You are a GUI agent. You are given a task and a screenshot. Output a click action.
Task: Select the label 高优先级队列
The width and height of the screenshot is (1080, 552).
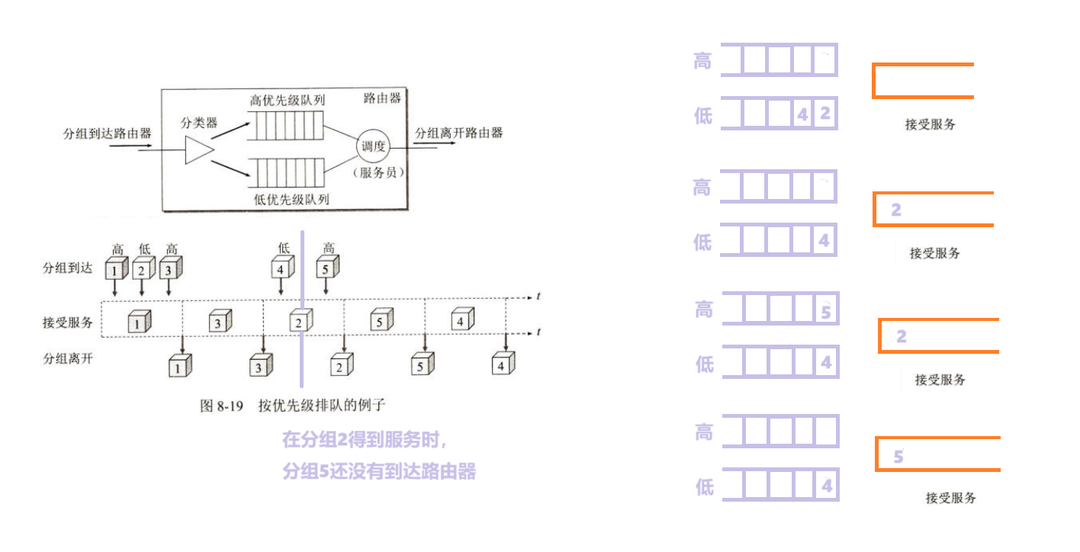click(288, 100)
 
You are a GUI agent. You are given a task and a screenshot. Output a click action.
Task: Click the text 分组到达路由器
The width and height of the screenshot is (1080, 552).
click(108, 133)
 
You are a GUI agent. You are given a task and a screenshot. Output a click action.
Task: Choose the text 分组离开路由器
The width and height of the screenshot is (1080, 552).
click(459, 133)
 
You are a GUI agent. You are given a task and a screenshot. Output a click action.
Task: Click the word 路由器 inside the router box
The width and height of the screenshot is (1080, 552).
click(381, 98)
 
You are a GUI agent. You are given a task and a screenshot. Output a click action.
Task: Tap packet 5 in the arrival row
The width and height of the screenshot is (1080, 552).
click(327, 268)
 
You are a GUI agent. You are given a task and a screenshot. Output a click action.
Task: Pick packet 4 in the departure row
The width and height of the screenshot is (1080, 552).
click(501, 365)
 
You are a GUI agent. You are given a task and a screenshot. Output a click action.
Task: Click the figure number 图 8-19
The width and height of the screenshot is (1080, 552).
click(221, 406)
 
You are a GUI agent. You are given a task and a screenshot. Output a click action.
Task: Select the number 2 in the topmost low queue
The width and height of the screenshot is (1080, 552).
click(825, 114)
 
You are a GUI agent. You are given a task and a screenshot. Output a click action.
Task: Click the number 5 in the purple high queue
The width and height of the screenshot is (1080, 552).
click(826, 311)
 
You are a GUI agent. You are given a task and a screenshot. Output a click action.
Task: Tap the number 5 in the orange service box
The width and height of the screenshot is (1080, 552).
click(898, 457)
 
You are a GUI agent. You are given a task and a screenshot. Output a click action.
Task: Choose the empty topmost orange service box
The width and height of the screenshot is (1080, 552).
click(923, 81)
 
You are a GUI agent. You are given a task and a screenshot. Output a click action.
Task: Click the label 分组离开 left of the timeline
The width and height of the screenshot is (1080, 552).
click(68, 357)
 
